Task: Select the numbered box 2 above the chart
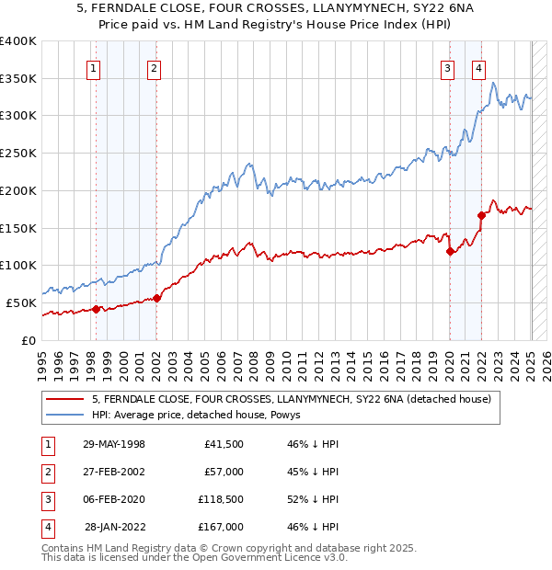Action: (x=154, y=67)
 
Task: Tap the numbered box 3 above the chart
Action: (x=447, y=67)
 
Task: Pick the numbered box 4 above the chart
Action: (x=479, y=67)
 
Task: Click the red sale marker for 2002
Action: (x=157, y=298)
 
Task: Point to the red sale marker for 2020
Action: (x=450, y=251)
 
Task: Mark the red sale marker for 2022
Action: (x=481, y=215)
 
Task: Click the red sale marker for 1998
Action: (x=97, y=309)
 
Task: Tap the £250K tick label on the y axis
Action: (x=18, y=153)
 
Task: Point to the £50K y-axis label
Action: (x=21, y=302)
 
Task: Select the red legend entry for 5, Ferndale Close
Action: (x=293, y=399)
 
